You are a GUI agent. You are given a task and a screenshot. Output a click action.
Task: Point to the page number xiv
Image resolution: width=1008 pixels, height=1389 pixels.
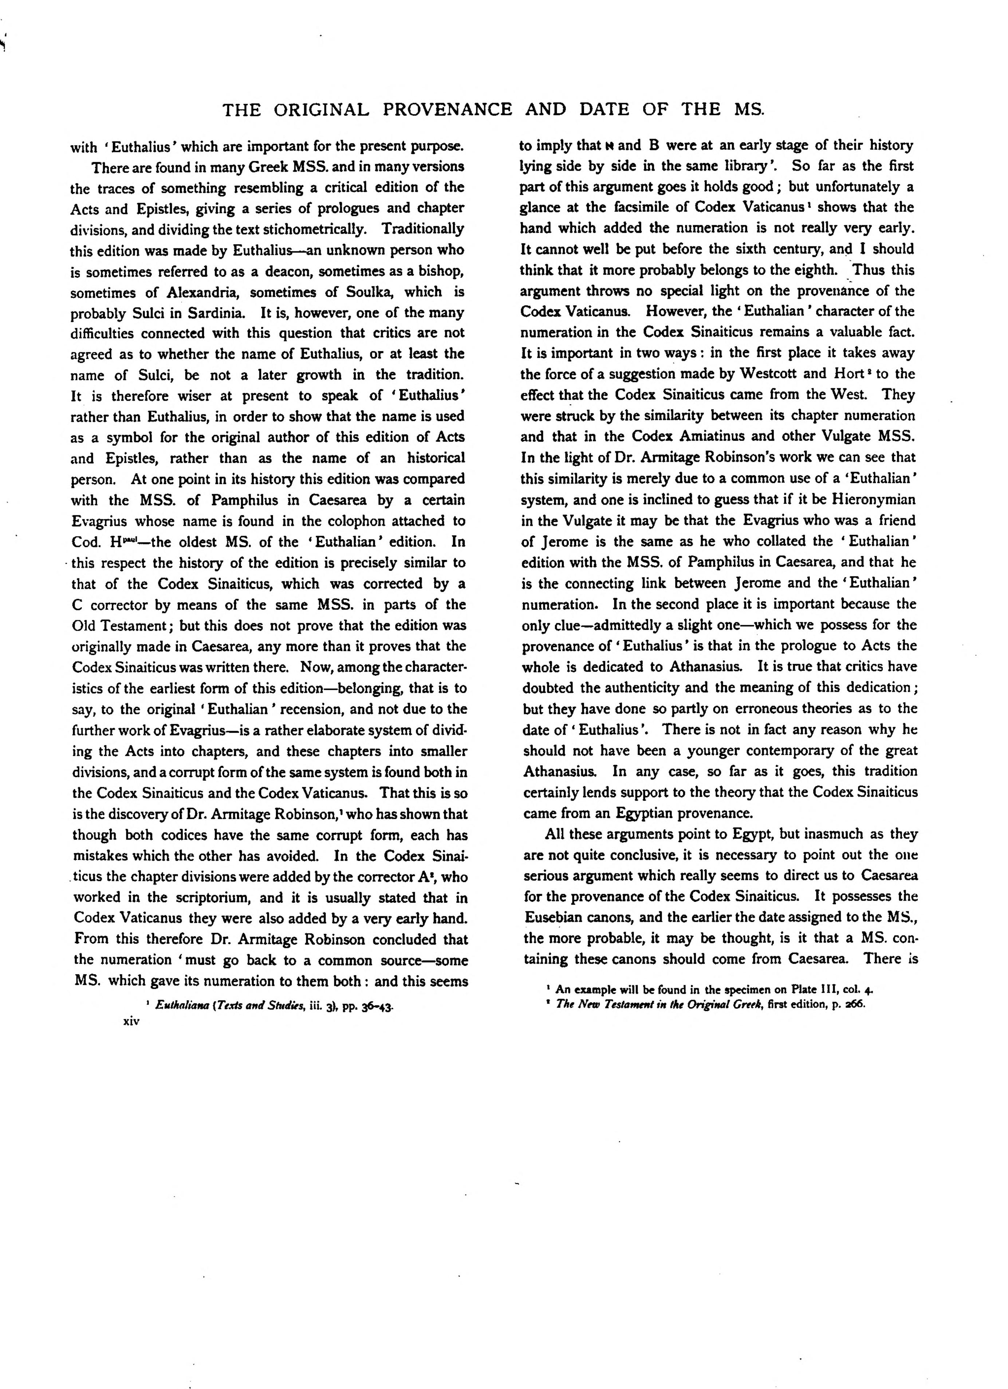tap(132, 1021)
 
